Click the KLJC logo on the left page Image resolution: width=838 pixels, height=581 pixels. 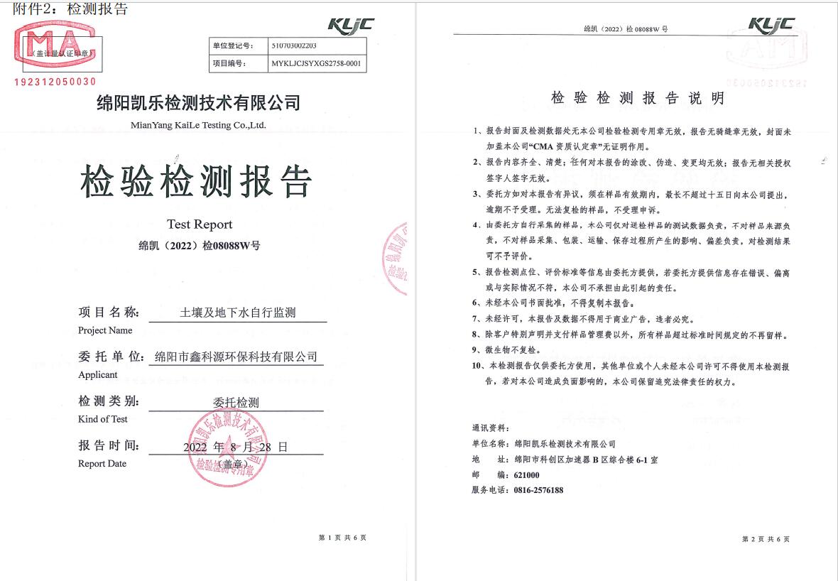350,25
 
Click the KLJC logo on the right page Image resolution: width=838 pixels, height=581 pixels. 771,24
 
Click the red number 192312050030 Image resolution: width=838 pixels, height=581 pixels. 55,82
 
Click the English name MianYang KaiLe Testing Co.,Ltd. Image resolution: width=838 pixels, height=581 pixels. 198,125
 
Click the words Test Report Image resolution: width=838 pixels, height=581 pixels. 200,224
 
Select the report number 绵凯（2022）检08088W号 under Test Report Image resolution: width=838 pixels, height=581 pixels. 200,246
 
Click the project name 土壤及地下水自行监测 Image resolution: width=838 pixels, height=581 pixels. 238,312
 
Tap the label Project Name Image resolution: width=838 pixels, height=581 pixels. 105,330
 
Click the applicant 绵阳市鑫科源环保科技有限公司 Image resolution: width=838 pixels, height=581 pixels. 236,357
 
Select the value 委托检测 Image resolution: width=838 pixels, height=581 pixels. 236,402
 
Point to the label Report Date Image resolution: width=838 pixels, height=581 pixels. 102,464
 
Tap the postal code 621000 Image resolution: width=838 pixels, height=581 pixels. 527,474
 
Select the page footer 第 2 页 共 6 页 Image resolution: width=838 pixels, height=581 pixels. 766,539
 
